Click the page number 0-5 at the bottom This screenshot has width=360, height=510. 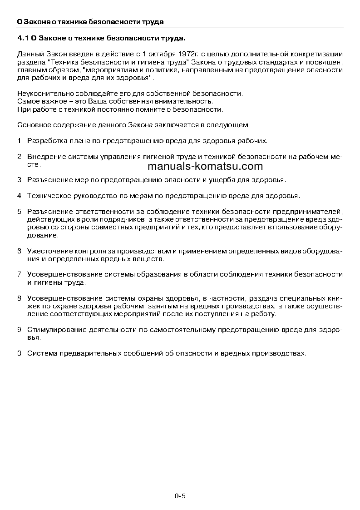180,496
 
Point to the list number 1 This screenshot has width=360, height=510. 19,141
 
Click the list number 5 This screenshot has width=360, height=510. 19,212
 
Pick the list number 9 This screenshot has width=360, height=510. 19,330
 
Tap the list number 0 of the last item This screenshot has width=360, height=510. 19,353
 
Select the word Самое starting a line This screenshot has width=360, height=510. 28,102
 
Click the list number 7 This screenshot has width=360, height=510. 19,275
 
